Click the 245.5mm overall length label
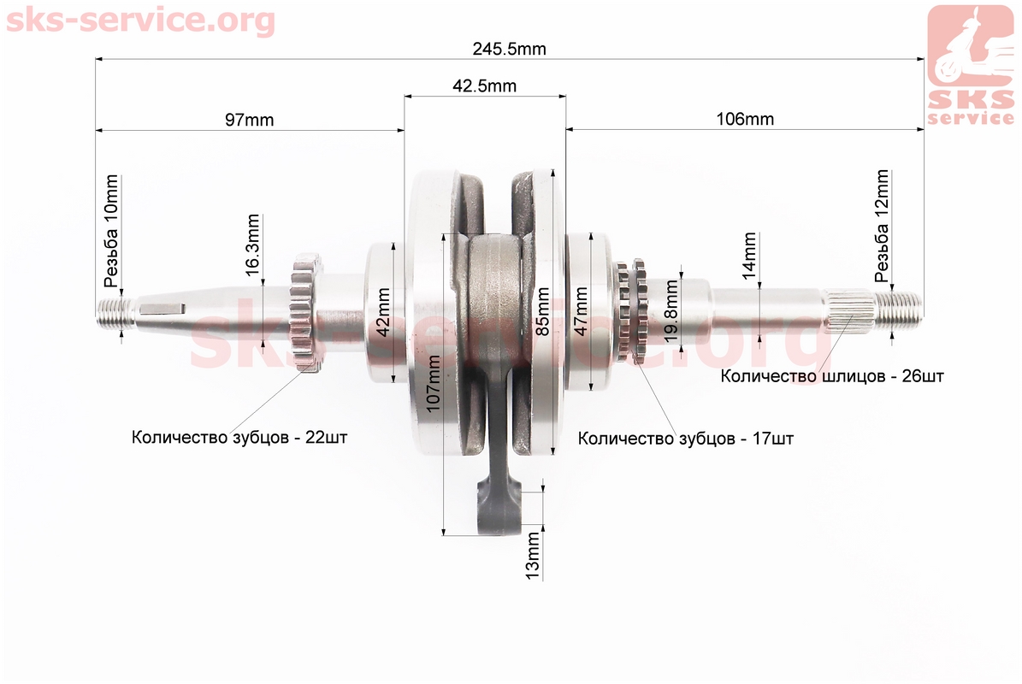click(x=509, y=49)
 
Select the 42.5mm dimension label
click(x=484, y=86)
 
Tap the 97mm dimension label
click(x=249, y=120)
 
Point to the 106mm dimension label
click(x=745, y=119)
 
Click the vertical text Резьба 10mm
click(x=111, y=231)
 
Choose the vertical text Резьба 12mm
click(x=882, y=226)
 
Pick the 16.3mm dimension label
click(x=253, y=245)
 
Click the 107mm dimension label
click(x=433, y=384)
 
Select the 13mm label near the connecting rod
click(x=533, y=556)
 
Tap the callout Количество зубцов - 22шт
click(x=239, y=437)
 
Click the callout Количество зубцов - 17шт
click(x=686, y=439)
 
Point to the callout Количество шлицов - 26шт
click(x=831, y=376)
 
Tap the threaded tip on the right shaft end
click(x=898, y=309)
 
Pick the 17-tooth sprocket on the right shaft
click(x=631, y=311)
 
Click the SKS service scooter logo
click(x=971, y=64)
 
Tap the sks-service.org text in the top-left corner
click(x=141, y=21)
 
